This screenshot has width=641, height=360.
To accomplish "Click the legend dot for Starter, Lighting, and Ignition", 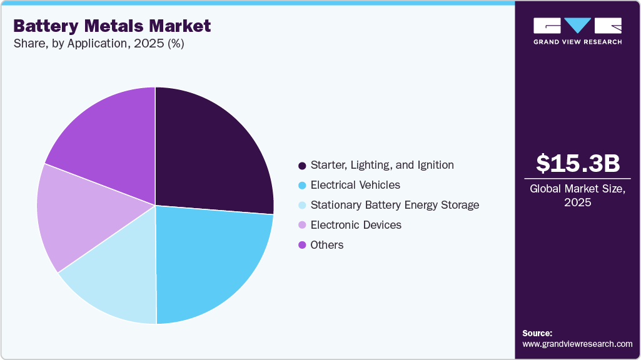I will pyautogui.click(x=303, y=166).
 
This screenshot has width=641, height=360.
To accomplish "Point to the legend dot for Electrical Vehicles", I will pyautogui.click(x=303, y=186).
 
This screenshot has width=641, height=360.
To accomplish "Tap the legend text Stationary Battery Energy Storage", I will pyautogui.click(x=395, y=205).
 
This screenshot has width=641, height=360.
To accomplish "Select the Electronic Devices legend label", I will pyautogui.click(x=356, y=225).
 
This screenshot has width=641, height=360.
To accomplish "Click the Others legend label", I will pyautogui.click(x=327, y=245).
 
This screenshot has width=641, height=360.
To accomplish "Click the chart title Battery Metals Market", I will pyautogui.click(x=112, y=26).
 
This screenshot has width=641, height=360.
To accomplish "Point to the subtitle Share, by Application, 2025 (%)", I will pyautogui.click(x=98, y=44).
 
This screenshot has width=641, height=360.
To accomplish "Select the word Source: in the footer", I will pyautogui.click(x=537, y=333).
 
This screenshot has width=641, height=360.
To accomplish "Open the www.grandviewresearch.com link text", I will pyautogui.click(x=577, y=344).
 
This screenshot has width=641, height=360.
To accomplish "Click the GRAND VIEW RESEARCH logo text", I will pyautogui.click(x=578, y=42).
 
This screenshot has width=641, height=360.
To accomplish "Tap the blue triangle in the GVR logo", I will pyautogui.click(x=578, y=25).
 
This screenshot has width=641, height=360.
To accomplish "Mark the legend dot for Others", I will pyautogui.click(x=303, y=245).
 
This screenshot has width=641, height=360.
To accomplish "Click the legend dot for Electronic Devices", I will pyautogui.click(x=303, y=225).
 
